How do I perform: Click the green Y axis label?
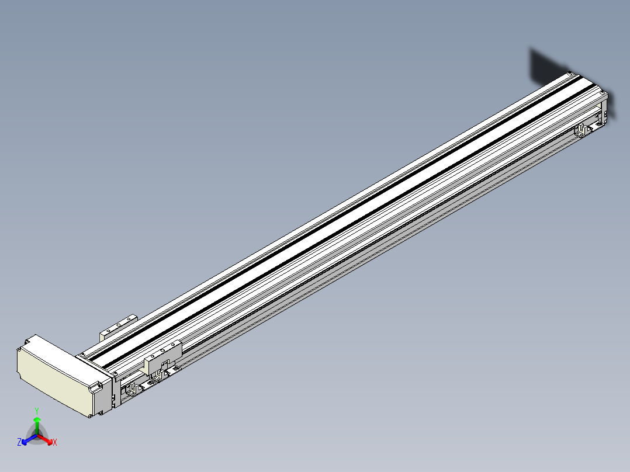point(37,411)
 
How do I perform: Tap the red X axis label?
point(55,442)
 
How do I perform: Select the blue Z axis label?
point(19,442)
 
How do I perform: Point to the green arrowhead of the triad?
point(37,420)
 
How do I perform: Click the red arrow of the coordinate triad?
point(46,439)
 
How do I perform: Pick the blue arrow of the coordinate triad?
point(29,439)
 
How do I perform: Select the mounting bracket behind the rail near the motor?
point(118,327)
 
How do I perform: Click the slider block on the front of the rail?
point(162,357)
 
